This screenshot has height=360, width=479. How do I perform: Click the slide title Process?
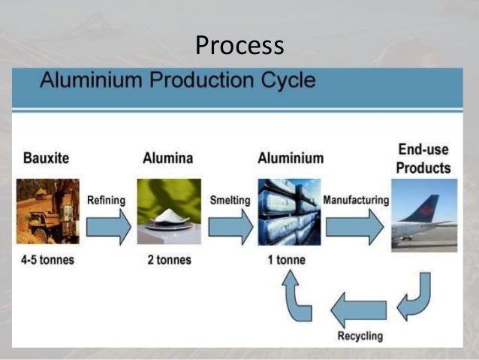pos(239,46)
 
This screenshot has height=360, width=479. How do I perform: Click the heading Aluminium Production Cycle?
pos(177,80)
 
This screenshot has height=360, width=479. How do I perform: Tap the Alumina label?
pos(167,159)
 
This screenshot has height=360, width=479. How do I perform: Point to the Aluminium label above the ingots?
pos(291,159)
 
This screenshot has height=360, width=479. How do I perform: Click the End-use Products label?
pos(423,159)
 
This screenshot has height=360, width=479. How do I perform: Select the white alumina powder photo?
pos(169,211)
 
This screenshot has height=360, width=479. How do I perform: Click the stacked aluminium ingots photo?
pos(288,211)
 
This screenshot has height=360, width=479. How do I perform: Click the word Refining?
pos(107,200)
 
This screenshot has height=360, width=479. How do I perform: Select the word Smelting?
pos(229,200)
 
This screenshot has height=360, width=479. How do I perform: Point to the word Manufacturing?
pos(356,200)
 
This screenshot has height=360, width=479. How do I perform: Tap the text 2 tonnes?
pos(168,260)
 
